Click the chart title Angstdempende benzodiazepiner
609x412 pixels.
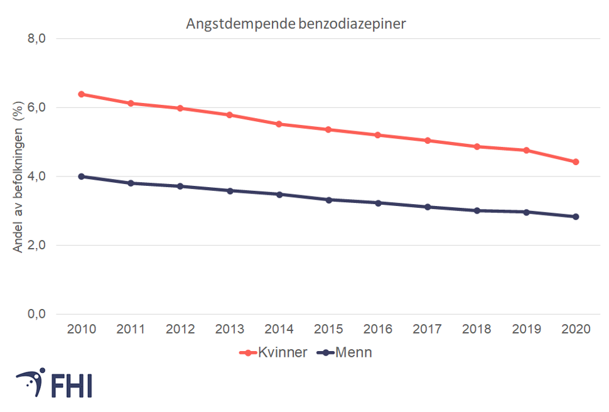pos(296,24)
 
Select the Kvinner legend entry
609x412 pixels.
pos(282,352)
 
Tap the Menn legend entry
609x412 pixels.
pos(353,352)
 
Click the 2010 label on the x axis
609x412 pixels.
pos(81,329)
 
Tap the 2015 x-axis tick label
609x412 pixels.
pos(328,329)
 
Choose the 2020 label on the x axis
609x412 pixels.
pos(575,329)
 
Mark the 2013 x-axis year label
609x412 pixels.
pos(229,329)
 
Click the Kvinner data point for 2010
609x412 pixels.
pos(81,94)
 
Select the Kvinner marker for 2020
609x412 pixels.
pos(575,162)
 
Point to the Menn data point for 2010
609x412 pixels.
pos(81,176)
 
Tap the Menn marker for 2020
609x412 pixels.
pos(575,217)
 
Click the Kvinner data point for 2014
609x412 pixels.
pos(279,124)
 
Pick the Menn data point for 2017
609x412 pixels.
pos(427,207)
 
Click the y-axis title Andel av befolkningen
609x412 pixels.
pos(18,176)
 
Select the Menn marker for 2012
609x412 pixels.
pos(180,187)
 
